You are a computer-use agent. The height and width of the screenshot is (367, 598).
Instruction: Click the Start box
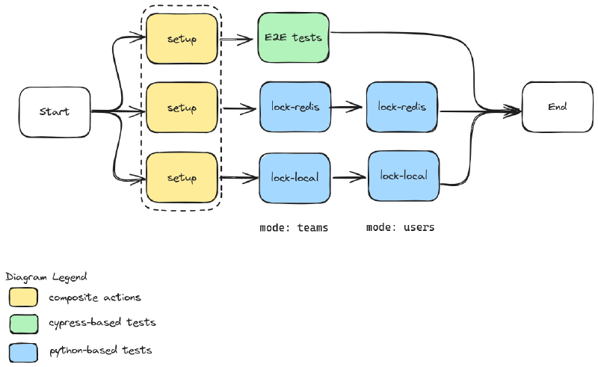(55, 112)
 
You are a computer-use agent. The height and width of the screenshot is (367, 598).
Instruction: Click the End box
(557, 107)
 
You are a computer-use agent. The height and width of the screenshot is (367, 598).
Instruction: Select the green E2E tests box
(293, 37)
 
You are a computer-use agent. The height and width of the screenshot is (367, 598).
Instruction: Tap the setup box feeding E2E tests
(182, 39)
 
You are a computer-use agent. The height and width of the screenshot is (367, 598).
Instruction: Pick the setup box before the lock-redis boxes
(182, 108)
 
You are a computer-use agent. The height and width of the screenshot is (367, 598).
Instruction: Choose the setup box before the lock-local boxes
(182, 178)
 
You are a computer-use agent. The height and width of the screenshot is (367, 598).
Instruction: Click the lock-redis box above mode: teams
(295, 107)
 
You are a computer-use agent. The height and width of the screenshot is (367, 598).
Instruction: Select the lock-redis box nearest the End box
(402, 107)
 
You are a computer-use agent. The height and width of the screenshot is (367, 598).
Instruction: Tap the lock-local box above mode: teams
(295, 178)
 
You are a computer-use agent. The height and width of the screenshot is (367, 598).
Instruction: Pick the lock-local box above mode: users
(404, 176)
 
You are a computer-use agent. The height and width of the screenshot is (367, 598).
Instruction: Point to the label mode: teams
(294, 228)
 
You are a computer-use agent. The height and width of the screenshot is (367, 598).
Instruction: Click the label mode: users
(401, 228)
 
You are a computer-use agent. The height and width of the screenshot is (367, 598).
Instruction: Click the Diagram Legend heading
(46, 277)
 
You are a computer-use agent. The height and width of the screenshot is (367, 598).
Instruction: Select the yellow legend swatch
(24, 297)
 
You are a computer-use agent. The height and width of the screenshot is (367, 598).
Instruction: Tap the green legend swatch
(24, 324)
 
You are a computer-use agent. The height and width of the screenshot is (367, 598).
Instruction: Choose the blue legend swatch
(24, 353)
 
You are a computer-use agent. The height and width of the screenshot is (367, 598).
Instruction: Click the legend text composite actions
(95, 297)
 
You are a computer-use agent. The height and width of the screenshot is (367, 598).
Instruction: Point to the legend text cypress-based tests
(102, 323)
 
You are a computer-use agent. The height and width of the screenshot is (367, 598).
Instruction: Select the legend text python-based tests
(101, 351)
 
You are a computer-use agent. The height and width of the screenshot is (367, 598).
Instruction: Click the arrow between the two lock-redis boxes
(346, 107)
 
